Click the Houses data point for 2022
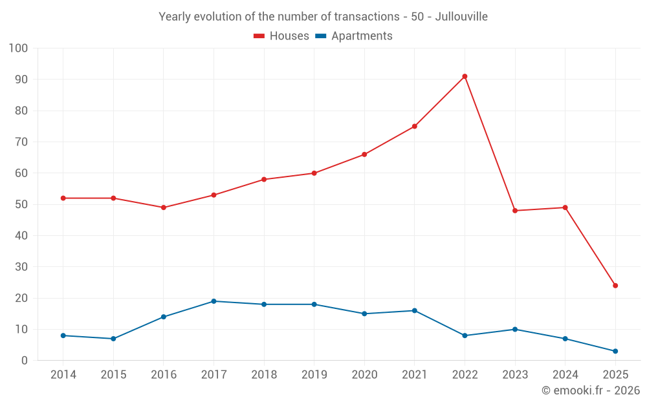465,76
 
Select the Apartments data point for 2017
214,301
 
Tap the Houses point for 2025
615,286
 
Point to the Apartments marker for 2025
615,351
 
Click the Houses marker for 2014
63,198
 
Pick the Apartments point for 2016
164,317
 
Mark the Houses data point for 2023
515,211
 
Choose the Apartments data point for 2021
415,311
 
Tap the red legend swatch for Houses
259,36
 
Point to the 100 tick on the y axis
19,48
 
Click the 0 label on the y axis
25,361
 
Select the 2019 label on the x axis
314,375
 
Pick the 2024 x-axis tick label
565,375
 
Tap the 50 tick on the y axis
21,204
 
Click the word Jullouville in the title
461,16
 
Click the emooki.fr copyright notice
591,390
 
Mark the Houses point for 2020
364,154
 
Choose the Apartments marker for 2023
515,330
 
